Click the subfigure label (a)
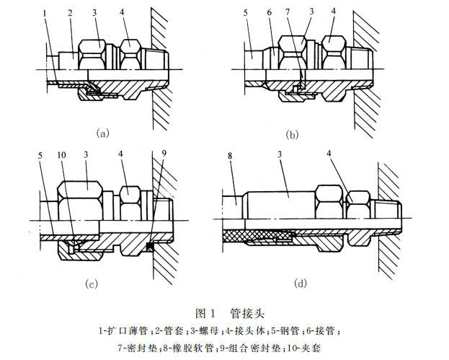(x=102, y=132)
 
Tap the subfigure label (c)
(x=92, y=284)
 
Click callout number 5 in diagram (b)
(x=246, y=12)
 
